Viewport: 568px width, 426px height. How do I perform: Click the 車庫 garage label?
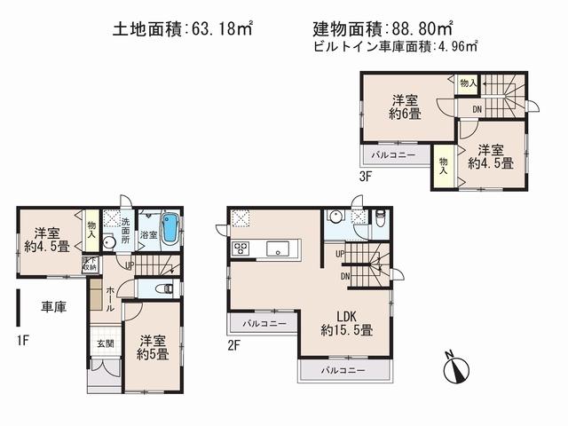pos(54,307)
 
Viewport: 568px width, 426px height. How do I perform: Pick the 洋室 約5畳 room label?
pos(153,347)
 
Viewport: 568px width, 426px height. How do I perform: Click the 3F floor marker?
pos(365,176)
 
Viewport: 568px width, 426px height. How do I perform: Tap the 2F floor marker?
pos(233,345)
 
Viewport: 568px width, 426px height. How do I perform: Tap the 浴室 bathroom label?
pos(150,235)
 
